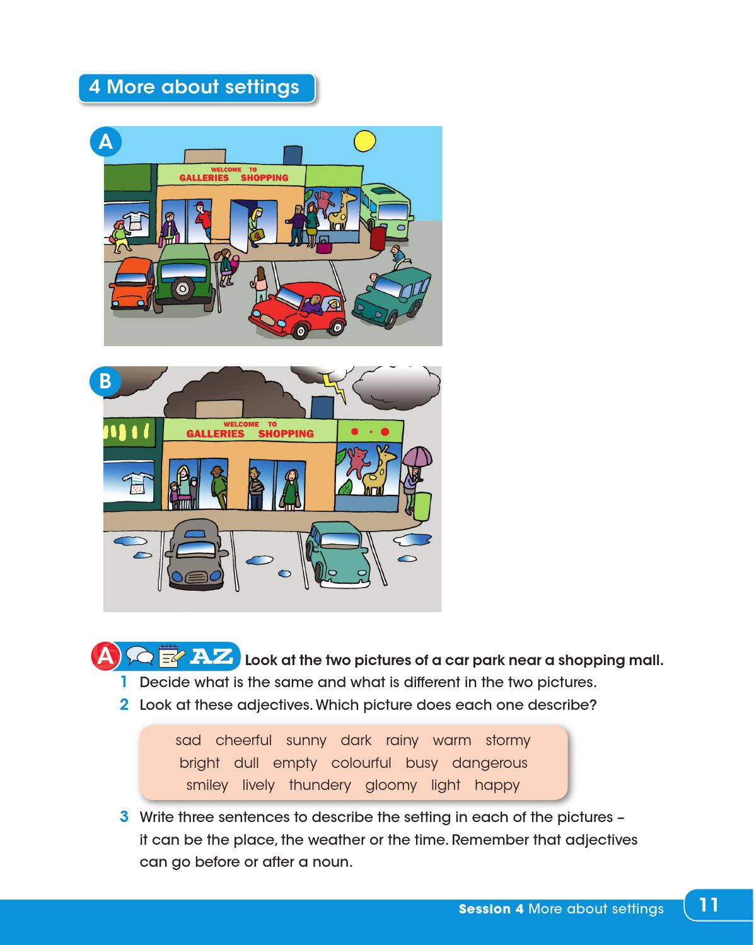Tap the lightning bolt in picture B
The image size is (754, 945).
(334, 386)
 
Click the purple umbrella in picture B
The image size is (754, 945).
(417, 456)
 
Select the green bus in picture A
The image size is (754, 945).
(386, 207)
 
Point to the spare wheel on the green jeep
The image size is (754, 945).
(183, 289)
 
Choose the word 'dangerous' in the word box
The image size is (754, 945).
(489, 763)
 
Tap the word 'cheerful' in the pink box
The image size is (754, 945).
(243, 740)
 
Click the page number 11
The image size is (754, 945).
(709, 905)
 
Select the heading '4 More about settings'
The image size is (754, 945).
(194, 87)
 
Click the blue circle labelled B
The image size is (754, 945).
(105, 381)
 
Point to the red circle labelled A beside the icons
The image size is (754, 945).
(105, 656)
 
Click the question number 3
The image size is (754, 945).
(125, 818)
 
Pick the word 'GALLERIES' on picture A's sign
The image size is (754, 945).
(204, 178)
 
